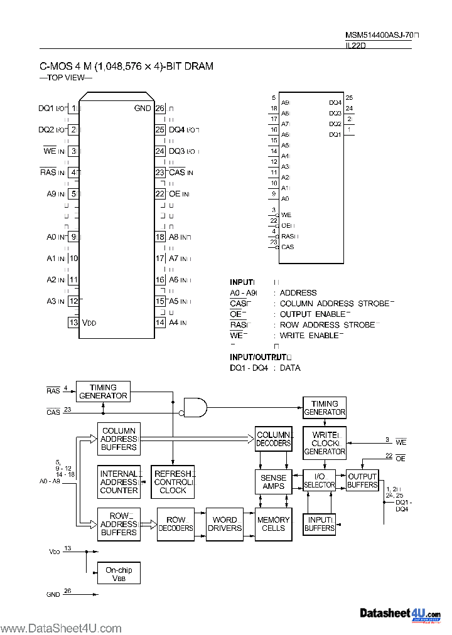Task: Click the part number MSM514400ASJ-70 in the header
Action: [379, 36]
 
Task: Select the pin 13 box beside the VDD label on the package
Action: [73, 323]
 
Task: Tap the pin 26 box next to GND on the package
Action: [159, 108]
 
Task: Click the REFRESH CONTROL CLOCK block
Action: [173, 482]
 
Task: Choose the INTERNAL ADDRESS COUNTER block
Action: [119, 482]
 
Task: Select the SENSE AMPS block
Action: [273, 482]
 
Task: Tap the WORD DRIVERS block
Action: [224, 524]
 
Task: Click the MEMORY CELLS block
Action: [273, 524]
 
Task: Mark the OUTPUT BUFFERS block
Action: [362, 481]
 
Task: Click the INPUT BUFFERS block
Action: [320, 524]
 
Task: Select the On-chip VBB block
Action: [119, 574]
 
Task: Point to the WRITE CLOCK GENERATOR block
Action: [325, 443]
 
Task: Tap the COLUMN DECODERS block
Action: [273, 439]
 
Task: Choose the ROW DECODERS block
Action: [176, 524]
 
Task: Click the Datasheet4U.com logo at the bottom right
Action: [400, 614]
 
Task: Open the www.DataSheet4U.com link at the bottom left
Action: [61, 628]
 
